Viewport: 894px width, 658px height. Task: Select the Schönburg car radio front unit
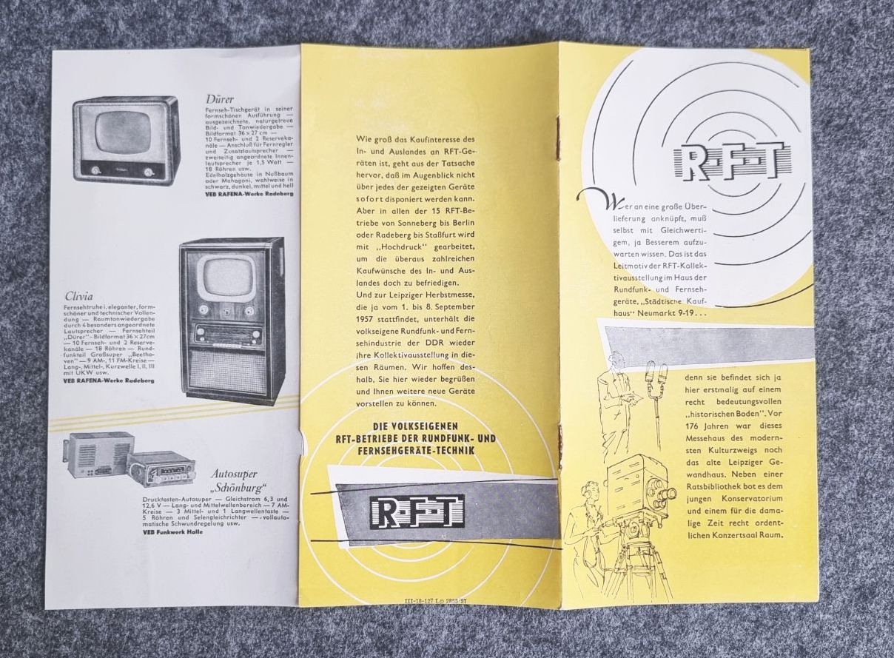point(161,467)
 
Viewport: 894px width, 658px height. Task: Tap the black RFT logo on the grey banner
point(418,510)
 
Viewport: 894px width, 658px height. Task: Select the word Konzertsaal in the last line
point(725,534)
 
